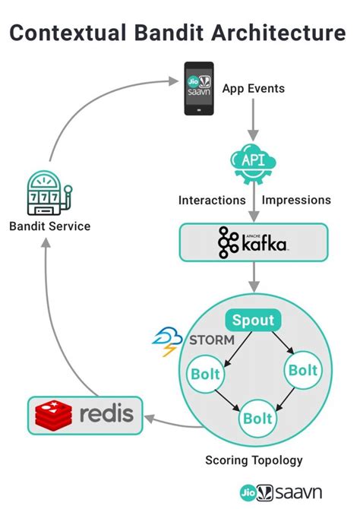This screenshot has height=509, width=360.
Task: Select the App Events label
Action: [x=254, y=89]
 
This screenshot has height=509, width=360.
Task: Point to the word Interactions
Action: [x=212, y=201]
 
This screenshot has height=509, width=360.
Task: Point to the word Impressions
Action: [x=296, y=201]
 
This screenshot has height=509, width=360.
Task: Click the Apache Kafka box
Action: [x=253, y=243]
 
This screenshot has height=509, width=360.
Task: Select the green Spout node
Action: [x=253, y=320]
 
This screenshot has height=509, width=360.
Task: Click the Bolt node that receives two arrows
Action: [x=257, y=417]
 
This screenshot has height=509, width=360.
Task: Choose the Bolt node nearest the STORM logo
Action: [x=205, y=374]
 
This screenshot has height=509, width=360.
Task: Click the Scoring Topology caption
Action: [x=254, y=460]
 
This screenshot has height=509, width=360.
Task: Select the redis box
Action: [x=85, y=414]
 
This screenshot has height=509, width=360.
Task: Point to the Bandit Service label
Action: [x=50, y=226]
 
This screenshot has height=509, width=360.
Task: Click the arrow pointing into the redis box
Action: [x=169, y=417]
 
